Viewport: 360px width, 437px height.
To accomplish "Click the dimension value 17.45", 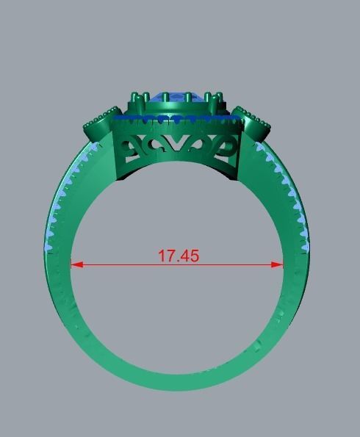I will pyautogui.click(x=178, y=256).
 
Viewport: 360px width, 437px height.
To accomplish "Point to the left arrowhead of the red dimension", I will pyautogui.click(x=74, y=264).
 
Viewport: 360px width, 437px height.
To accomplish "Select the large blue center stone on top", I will pyautogui.click(x=176, y=96).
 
